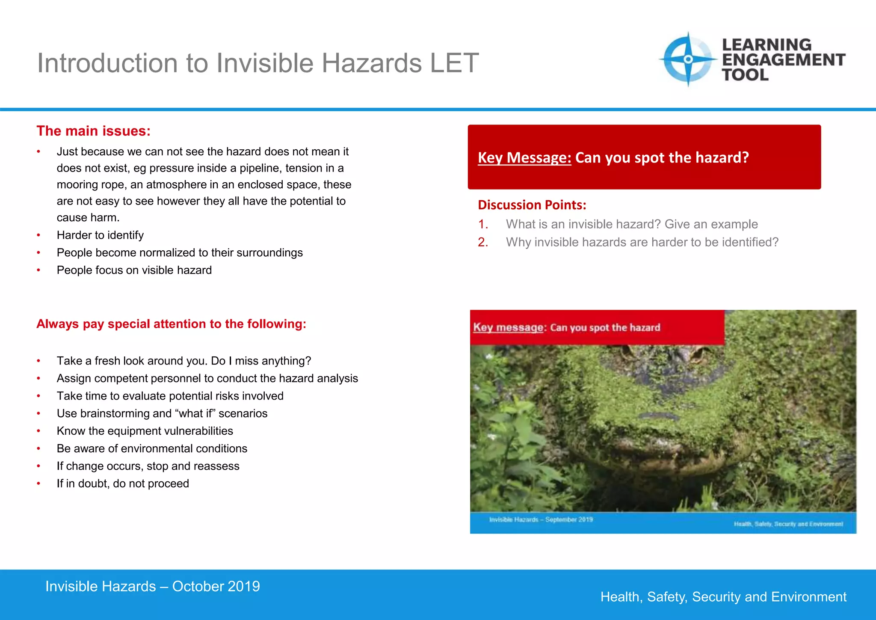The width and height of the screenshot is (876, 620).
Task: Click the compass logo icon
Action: (x=688, y=59)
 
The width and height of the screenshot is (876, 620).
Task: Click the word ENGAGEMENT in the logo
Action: (x=783, y=60)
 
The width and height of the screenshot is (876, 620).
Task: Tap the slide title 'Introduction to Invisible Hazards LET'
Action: (x=257, y=63)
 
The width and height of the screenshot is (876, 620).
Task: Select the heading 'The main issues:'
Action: (x=93, y=131)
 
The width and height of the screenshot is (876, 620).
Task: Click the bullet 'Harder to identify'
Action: (x=100, y=235)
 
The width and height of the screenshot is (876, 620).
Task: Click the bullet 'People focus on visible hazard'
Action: (x=134, y=270)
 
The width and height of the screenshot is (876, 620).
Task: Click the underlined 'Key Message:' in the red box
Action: (x=524, y=158)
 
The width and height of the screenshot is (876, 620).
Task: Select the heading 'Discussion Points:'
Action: (x=532, y=205)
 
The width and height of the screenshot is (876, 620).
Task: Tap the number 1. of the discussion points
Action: (x=483, y=224)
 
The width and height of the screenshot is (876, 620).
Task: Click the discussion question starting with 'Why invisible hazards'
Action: (x=642, y=242)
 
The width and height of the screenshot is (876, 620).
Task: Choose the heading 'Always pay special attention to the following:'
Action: (x=171, y=324)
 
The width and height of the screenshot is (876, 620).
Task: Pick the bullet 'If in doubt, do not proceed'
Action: (x=123, y=484)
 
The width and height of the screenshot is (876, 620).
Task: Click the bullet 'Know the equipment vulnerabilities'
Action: (x=145, y=431)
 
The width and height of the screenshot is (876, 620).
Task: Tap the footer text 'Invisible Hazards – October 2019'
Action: (x=152, y=587)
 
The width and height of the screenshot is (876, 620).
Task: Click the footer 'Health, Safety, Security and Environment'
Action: (x=723, y=597)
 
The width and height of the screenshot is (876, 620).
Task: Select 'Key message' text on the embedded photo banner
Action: (x=508, y=328)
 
